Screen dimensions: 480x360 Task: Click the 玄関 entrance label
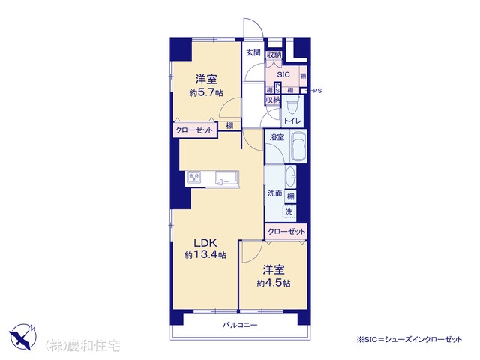[x=253, y=52]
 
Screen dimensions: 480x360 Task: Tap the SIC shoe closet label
[x=283, y=74]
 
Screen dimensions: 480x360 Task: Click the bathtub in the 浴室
[x=298, y=146]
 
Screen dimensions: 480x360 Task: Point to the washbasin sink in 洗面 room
[x=290, y=177]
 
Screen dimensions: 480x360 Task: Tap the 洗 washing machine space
[x=289, y=211]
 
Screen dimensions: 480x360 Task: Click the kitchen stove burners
[x=193, y=178]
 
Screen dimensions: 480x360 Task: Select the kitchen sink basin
[x=226, y=178]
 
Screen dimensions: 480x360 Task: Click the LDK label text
[x=205, y=243]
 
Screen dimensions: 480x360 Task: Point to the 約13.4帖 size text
[x=205, y=255]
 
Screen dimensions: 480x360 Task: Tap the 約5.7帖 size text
[x=206, y=92]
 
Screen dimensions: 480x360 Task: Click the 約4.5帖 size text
[x=274, y=283]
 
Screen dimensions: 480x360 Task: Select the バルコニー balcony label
[x=240, y=325]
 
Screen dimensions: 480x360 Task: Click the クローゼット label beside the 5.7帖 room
[x=193, y=130]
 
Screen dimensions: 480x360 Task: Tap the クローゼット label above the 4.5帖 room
[x=286, y=232]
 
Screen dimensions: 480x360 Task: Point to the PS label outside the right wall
[x=318, y=91]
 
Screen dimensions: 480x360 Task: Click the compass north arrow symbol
[x=23, y=337]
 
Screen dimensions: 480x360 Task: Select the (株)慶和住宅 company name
[x=82, y=346]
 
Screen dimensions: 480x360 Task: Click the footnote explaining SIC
[x=409, y=339]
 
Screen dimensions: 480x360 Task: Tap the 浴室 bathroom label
[x=277, y=137]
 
